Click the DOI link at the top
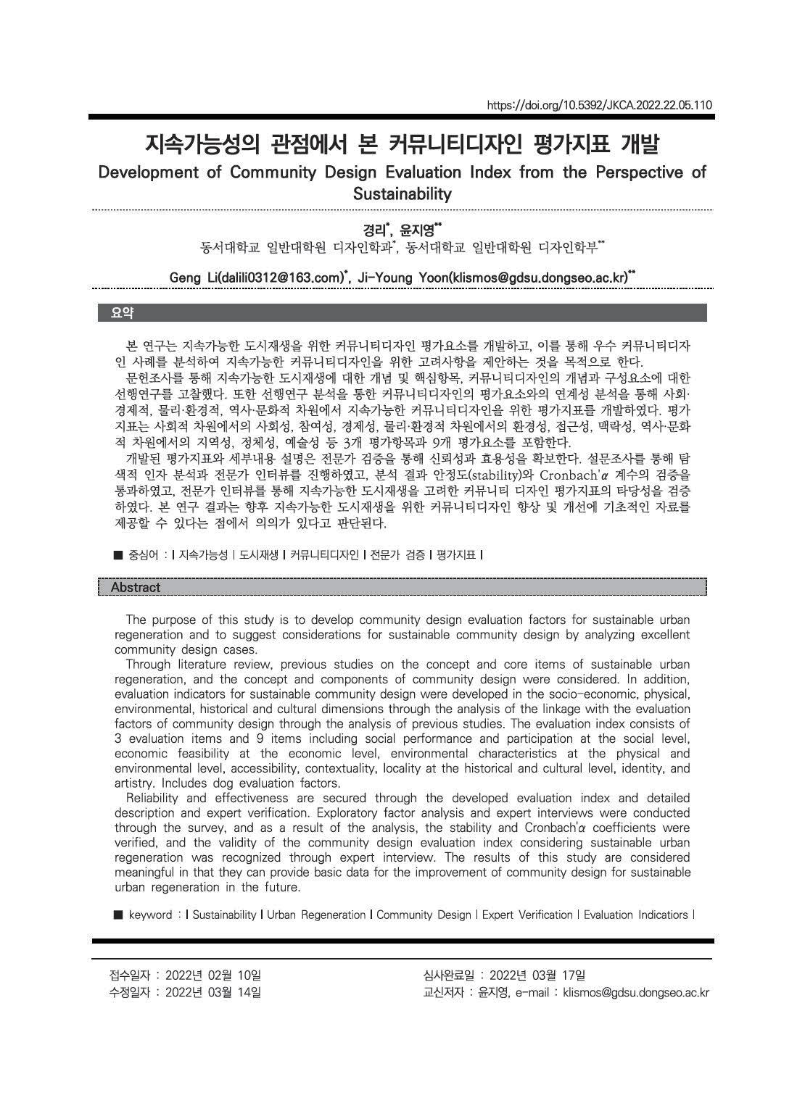click(600, 105)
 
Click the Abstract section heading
click(136, 587)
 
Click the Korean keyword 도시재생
click(260, 555)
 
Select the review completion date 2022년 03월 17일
click(537, 975)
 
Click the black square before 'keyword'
click(119, 915)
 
